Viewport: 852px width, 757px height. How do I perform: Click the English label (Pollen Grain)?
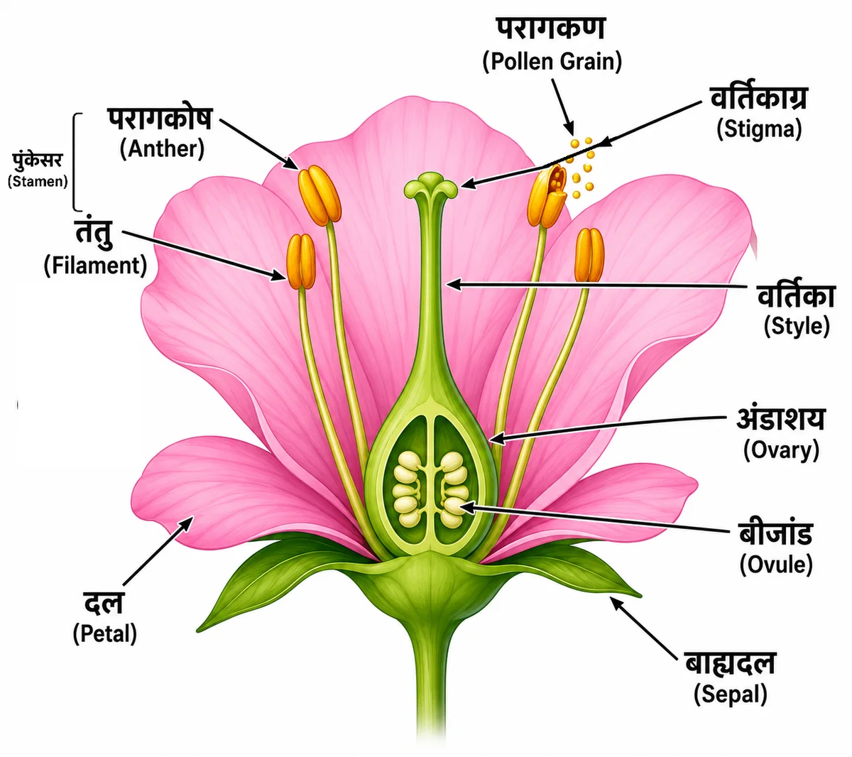pyautogui.click(x=552, y=61)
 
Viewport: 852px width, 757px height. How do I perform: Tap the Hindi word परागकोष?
pyautogui.click(x=160, y=119)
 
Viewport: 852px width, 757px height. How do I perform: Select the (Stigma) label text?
pyautogui.click(x=759, y=129)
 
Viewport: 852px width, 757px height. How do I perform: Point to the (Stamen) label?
pyautogui.click(x=38, y=181)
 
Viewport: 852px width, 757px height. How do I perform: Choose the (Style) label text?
pyautogui.click(x=797, y=326)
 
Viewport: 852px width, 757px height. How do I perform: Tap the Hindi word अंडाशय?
pyautogui.click(x=781, y=419)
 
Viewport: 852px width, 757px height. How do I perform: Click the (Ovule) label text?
pyautogui.click(x=776, y=564)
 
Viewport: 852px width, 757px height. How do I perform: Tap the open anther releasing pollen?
pyautogui.click(x=547, y=195)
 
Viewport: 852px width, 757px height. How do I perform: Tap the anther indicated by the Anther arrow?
pyautogui.click(x=319, y=195)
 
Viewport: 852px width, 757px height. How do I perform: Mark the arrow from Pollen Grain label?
pyautogui.click(x=562, y=107)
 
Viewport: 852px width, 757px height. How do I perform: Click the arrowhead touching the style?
pyautogui.click(x=453, y=285)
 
